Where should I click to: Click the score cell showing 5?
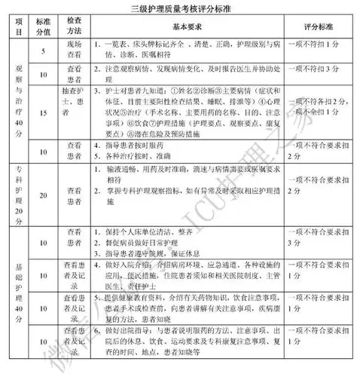click(x=47, y=51)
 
